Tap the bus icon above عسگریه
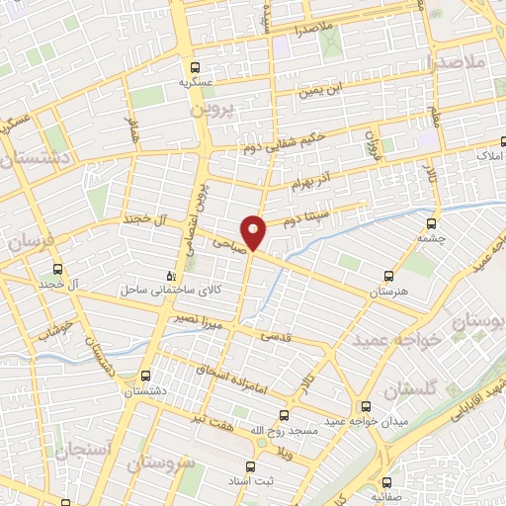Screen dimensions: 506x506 click(196, 67)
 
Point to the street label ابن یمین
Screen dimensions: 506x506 click(327, 91)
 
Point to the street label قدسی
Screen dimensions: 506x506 click(276, 336)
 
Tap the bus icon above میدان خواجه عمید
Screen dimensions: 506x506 click(366, 406)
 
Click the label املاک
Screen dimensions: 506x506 click(489, 156)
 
